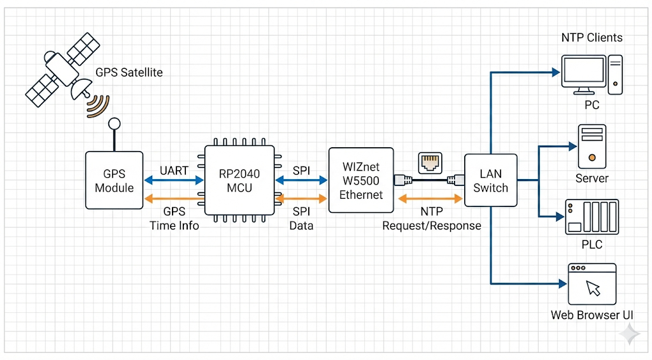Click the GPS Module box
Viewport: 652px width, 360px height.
click(x=115, y=180)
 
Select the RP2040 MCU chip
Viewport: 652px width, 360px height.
click(x=239, y=182)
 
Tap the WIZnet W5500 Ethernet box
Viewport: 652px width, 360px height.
click(x=360, y=180)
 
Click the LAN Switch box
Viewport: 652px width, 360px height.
click(x=490, y=180)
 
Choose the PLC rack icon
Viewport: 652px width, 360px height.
click(x=592, y=217)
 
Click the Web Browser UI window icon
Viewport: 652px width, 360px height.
click(x=592, y=284)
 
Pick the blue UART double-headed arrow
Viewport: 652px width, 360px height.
click(x=173, y=180)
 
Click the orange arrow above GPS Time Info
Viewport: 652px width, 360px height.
click(x=173, y=199)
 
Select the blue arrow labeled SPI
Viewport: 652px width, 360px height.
click(x=301, y=180)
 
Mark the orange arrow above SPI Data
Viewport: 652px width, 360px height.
click(x=301, y=199)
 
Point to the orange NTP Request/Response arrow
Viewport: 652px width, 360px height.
click(x=430, y=199)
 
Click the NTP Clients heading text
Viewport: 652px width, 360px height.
click(x=592, y=37)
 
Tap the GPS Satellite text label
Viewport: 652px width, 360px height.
click(x=129, y=72)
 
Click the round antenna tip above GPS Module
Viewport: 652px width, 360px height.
click(x=114, y=124)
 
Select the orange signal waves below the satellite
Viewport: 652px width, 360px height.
click(x=97, y=106)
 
